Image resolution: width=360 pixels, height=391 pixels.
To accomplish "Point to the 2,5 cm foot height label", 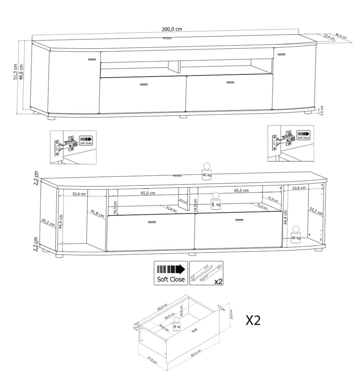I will [x=322, y=110].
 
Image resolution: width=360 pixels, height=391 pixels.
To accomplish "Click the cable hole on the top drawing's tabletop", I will [x=168, y=38].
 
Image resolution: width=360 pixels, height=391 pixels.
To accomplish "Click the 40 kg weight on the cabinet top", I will [x=206, y=171].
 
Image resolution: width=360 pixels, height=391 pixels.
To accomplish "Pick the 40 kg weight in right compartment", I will [x=296, y=234].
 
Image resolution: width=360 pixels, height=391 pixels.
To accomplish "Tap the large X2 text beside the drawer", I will [x=253, y=320].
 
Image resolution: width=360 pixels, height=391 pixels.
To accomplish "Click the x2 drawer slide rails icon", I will [x=206, y=273].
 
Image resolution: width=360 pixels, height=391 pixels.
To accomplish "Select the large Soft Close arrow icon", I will [x=171, y=273].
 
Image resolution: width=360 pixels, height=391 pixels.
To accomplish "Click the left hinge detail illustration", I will [x=73, y=147].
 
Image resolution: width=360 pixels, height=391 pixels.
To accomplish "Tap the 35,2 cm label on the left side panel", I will [x=48, y=222].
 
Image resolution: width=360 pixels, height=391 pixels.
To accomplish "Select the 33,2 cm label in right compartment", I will [x=315, y=211].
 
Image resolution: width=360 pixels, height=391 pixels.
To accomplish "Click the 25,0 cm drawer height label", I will [x=232, y=314].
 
